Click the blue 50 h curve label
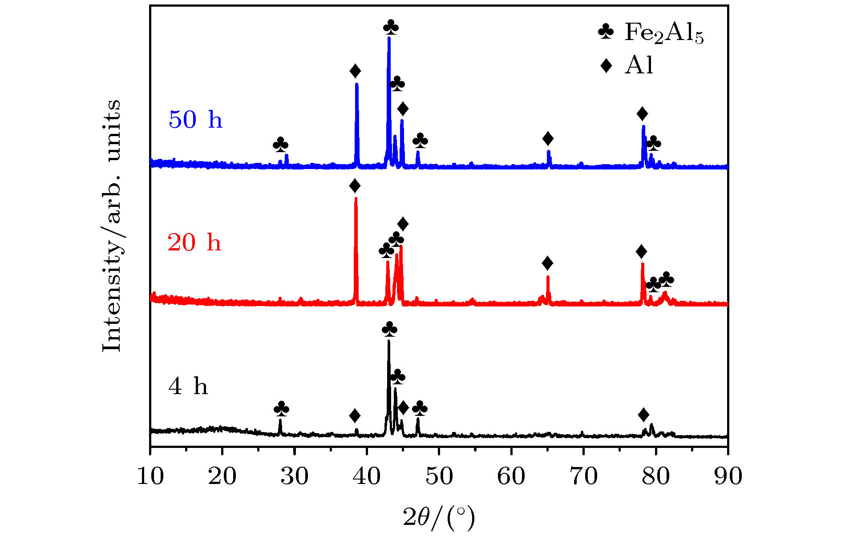tap(195, 120)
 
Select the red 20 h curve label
tap(194, 242)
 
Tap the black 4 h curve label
tap(188, 386)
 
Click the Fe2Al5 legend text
tap(664, 33)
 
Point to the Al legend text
tap(639, 66)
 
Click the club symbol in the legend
tap(606, 31)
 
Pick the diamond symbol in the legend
tap(606, 66)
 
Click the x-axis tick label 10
tap(150, 476)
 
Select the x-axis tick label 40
tap(367, 476)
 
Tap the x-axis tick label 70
tap(583, 476)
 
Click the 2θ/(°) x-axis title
tap(439, 517)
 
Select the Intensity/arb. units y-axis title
tap(111, 226)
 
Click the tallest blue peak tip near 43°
tap(389, 38)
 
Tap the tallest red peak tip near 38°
tap(356, 199)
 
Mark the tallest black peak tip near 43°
tap(389, 341)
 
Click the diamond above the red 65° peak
tap(548, 263)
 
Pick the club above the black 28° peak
tap(281, 408)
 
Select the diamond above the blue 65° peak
tap(548, 139)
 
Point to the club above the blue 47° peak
tap(420, 141)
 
